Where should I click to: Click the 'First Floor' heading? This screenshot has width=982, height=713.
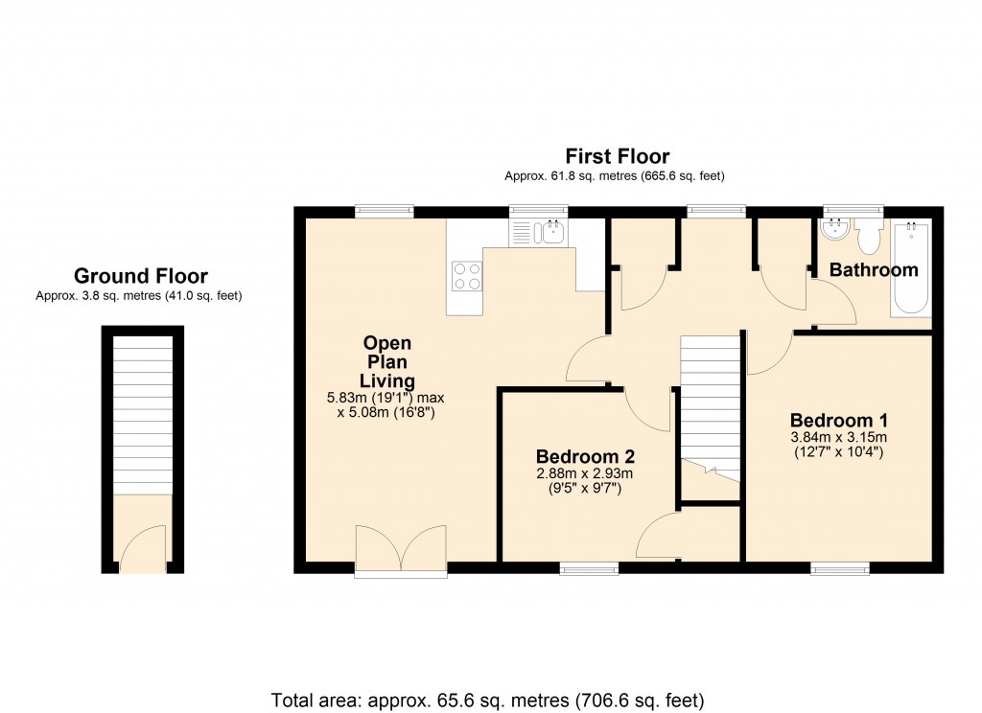tap(617, 156)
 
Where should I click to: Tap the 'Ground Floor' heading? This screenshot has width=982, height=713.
tap(141, 277)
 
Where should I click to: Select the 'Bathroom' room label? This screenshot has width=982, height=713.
tap(874, 270)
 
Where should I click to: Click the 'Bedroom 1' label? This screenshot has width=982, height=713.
tap(839, 420)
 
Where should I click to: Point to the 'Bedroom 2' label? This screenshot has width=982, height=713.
tap(585, 456)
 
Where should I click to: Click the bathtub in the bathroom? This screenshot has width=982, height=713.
tap(911, 270)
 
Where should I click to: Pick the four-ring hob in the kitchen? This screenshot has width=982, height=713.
tap(466, 276)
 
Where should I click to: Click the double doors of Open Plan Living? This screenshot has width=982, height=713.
tap(401, 551)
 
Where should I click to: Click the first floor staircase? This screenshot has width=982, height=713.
tap(711, 402)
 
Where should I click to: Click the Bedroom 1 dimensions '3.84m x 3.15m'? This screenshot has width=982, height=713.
tap(839, 438)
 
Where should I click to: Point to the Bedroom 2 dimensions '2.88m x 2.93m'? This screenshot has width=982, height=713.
tap(585, 473)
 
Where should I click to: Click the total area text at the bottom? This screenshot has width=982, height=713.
tap(488, 699)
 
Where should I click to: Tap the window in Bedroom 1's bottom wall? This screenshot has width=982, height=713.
tap(840, 568)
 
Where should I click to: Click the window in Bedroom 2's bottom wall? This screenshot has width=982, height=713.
tap(589, 568)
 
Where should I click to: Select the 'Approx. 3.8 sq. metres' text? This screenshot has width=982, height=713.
tap(139, 296)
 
